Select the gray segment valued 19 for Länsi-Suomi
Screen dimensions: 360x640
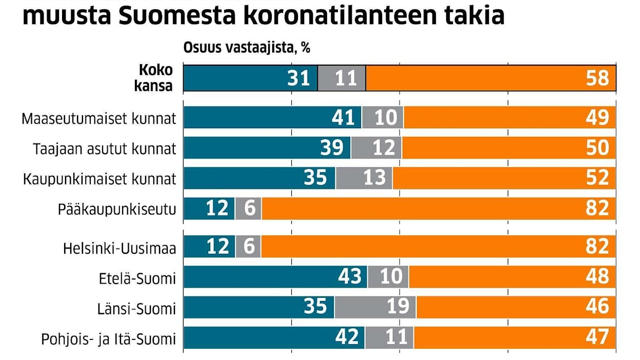pyautogui.click(x=375, y=307)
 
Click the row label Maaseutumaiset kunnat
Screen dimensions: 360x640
pyautogui.click(x=99, y=119)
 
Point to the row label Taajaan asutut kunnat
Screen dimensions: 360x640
pyautogui.click(x=105, y=149)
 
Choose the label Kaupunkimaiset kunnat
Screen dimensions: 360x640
pyautogui.click(x=100, y=179)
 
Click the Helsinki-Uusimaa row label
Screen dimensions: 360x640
pyautogui.click(x=119, y=249)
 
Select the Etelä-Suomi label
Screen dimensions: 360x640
pyautogui.click(x=137, y=279)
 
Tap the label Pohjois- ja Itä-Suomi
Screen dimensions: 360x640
pyautogui.click(x=108, y=339)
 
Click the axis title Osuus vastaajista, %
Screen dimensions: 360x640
pyautogui.click(x=247, y=48)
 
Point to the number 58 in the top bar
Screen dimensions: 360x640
pyautogui.click(x=597, y=78)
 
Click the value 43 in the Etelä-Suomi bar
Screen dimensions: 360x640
pyautogui.click(x=350, y=277)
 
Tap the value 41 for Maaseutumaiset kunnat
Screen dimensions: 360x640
pyautogui.click(x=343, y=118)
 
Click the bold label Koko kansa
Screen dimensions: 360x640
pyautogui.click(x=156, y=77)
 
